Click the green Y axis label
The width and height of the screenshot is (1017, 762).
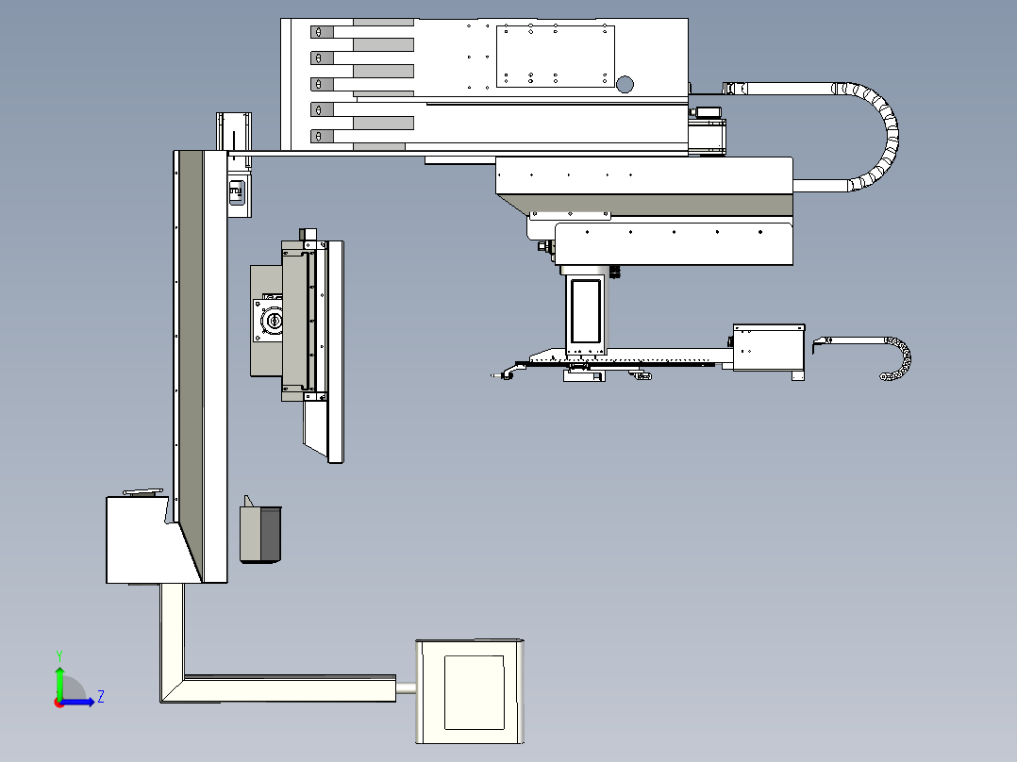coord(59,655)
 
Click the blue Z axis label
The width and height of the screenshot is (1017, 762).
coord(101,697)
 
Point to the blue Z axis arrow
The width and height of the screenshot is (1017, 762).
coord(77,702)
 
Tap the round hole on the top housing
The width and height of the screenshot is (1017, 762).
coord(625,84)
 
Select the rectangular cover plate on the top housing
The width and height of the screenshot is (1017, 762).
coord(555,57)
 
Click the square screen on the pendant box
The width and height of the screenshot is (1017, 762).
coord(475,692)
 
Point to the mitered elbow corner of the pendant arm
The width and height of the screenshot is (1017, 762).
coord(173,689)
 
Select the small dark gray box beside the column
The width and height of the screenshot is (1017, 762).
coord(260,533)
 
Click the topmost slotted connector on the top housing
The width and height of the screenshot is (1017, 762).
coord(322,32)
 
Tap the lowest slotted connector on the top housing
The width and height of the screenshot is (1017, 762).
coord(322,136)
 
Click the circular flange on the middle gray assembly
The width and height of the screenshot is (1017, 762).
coord(272,321)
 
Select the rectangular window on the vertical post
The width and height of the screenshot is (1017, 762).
coord(586,311)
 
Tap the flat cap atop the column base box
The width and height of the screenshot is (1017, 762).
coord(143,493)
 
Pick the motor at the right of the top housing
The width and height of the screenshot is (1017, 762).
coord(707,131)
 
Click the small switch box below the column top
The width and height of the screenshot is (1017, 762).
coord(238,192)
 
